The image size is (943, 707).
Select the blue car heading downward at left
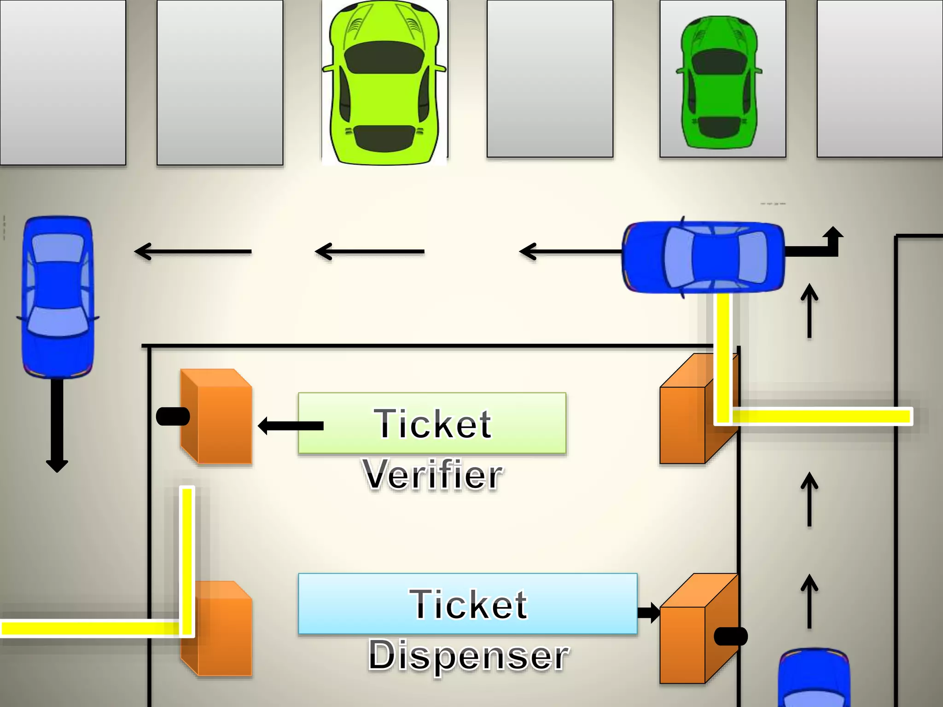(58, 297)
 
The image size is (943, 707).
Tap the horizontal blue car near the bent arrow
(703, 256)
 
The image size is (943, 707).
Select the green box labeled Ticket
(432, 423)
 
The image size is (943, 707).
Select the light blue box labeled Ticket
(467, 603)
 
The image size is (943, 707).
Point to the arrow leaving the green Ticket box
(290, 426)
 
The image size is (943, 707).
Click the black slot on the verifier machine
(173, 417)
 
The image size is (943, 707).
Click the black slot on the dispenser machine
(730, 637)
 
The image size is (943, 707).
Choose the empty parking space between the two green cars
(550, 78)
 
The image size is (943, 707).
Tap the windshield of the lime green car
(384, 58)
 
